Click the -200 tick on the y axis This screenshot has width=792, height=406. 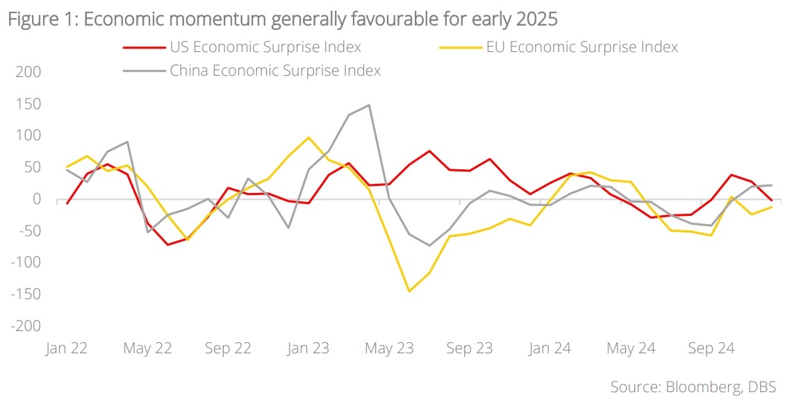point(25,326)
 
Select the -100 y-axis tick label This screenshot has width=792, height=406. point(25,263)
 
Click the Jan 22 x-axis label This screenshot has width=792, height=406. point(67,348)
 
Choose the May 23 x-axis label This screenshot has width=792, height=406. point(389,348)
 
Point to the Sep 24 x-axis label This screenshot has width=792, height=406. point(711,348)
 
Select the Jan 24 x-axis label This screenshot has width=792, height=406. point(550,348)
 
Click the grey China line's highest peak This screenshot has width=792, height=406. point(369,105)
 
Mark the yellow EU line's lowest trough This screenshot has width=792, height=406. point(409,291)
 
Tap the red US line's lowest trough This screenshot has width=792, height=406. point(167,244)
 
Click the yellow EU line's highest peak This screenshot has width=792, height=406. point(308,137)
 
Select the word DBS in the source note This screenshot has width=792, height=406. point(762,387)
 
